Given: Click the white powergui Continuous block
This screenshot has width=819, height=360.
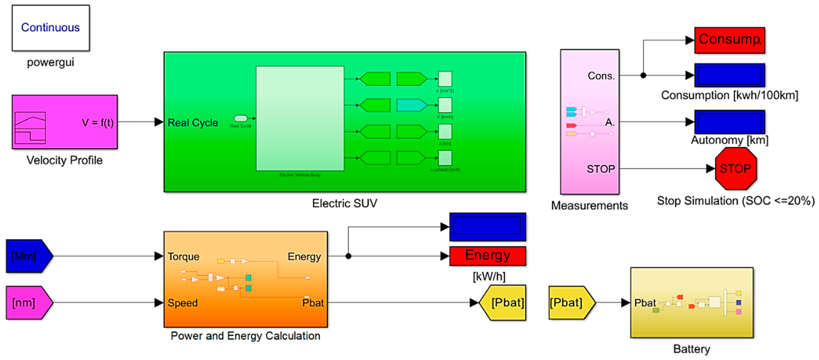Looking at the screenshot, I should pos(51,28).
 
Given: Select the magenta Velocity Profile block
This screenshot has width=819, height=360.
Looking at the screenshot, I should pos(65,122).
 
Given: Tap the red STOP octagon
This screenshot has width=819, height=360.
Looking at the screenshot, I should pos(735,169).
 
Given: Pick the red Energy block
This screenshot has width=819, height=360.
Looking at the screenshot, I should pos(487,256).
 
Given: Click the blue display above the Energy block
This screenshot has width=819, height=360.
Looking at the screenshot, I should pos(487,227).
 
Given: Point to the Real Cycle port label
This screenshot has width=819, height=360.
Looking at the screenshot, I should pos(193,123).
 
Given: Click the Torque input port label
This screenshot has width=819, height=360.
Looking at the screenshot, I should pos(183,256).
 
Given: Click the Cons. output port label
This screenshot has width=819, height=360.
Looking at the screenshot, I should pos(601,76).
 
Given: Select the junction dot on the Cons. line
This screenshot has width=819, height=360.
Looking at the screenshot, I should pos(643,75).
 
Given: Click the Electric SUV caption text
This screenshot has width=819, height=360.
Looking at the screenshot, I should pos(344,203).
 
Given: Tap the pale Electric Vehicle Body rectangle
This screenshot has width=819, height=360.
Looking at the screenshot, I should pos(300,118).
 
